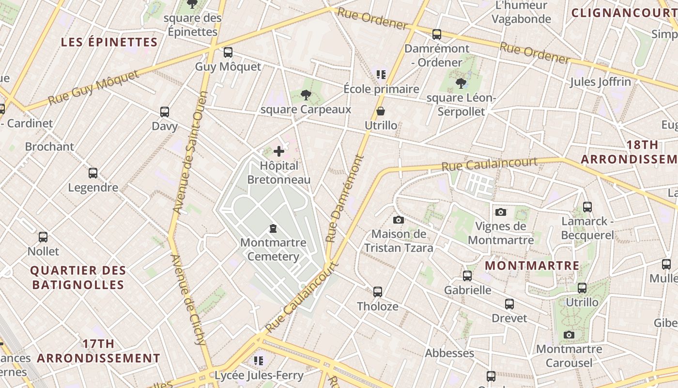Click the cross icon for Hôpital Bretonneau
click(x=279, y=151)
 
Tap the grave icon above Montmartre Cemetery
click(x=273, y=228)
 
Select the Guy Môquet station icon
click(x=228, y=52)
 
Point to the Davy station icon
click(x=165, y=112)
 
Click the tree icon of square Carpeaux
click(x=306, y=95)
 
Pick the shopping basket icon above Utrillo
click(x=381, y=111)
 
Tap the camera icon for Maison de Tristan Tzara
click(x=398, y=220)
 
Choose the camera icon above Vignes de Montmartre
click(x=501, y=212)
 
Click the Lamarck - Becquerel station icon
click(x=587, y=207)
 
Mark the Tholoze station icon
click(x=378, y=292)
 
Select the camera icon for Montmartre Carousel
click(x=569, y=335)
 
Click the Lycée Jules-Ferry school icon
click(x=259, y=361)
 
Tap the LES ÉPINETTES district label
click(x=109, y=42)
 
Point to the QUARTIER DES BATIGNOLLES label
click(x=78, y=277)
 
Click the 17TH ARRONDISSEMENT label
click(x=99, y=351)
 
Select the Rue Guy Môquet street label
click(x=93, y=88)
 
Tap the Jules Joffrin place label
click(x=601, y=81)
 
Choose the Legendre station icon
click(x=93, y=173)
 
